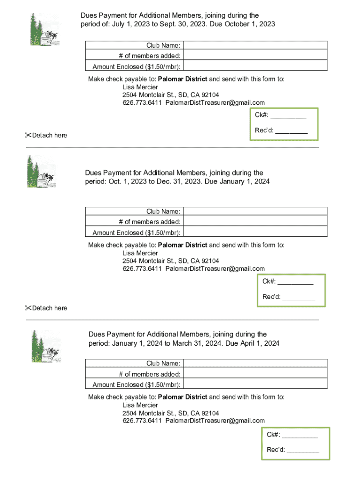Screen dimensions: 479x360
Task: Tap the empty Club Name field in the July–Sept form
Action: pyautogui.click(x=255, y=45)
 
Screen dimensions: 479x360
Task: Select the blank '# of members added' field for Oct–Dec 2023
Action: pyautogui.click(x=255, y=222)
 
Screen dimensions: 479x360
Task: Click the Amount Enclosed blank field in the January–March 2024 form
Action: pyautogui.click(x=255, y=385)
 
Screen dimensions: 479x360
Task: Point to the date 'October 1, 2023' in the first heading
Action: pyautogui.click(x=250, y=24)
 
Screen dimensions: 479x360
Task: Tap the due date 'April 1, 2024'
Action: pyautogui.click(x=259, y=343)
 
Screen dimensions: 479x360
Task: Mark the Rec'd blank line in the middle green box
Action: pyautogui.click(x=298, y=297)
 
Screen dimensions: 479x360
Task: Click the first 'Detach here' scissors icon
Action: pyautogui.click(x=28, y=135)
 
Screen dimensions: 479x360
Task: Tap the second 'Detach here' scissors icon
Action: pyautogui.click(x=28, y=308)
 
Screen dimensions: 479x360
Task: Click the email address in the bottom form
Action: pyautogui.click(x=215, y=421)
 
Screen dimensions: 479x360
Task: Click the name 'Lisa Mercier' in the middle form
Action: pyautogui.click(x=140, y=253)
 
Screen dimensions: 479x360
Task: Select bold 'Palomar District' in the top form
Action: pyautogui.click(x=182, y=79)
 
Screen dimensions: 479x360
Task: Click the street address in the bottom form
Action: pyautogui.click(x=171, y=413)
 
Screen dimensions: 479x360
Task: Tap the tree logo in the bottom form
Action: pyautogui.click(x=46, y=346)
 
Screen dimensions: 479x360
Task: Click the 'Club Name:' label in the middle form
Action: pyautogui.click(x=163, y=211)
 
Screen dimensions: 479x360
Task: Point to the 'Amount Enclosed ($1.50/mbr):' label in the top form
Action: pyautogui.click(x=137, y=66)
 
